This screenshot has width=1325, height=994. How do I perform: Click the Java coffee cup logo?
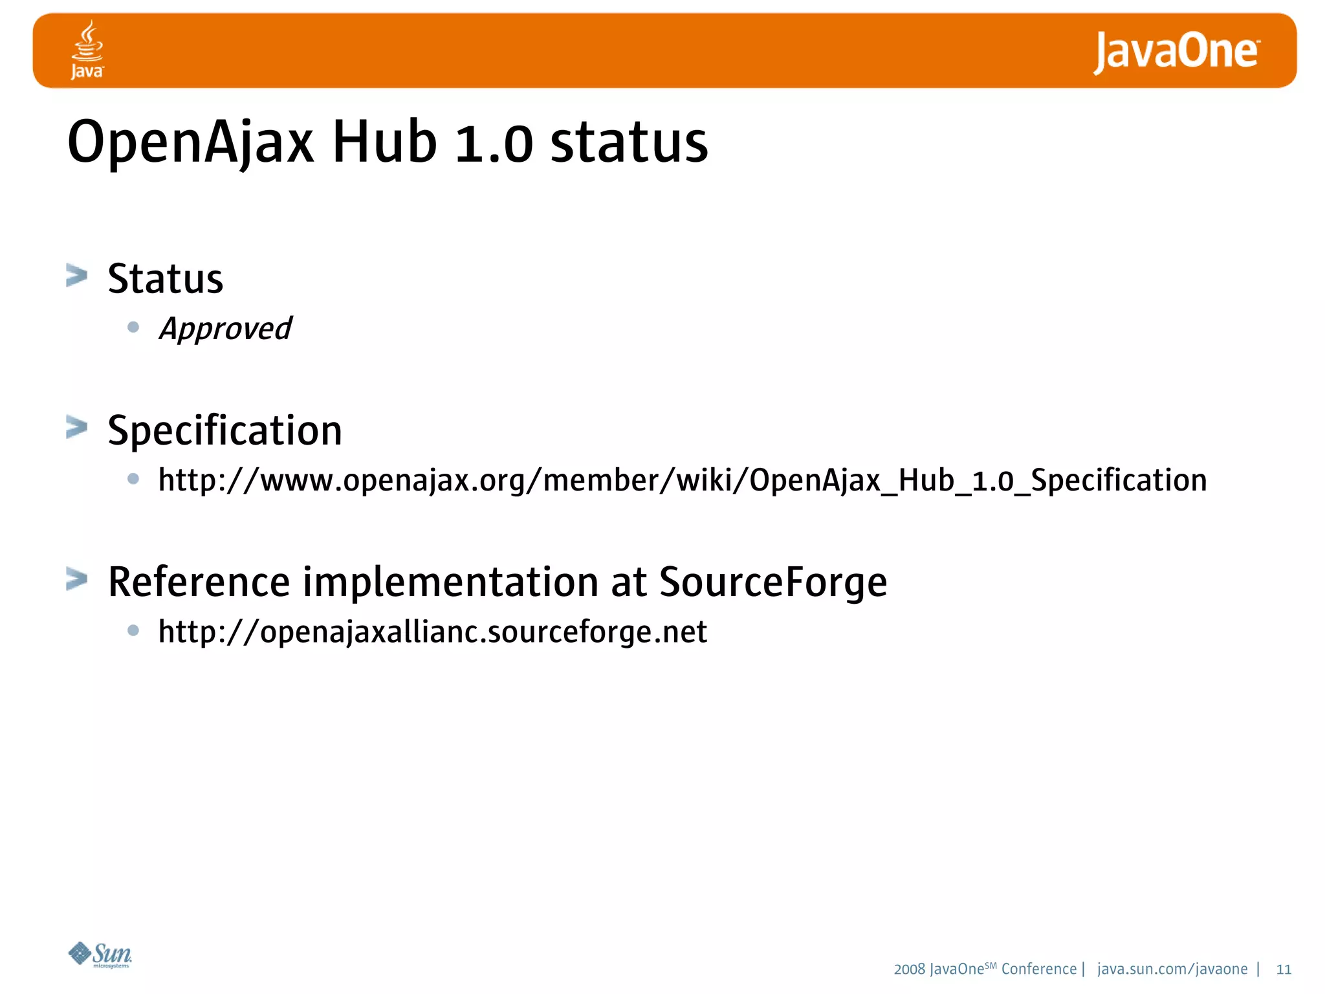(87, 49)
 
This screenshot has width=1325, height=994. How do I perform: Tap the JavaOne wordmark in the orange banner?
(1176, 52)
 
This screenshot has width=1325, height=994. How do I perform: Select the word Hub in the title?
(384, 142)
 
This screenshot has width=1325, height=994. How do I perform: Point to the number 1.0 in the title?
(494, 144)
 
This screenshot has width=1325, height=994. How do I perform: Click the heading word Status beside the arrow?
(165, 279)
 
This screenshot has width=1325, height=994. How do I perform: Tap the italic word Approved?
(225, 329)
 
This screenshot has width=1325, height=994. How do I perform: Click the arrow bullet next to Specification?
(76, 427)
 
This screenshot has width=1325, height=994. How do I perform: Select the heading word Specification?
(224, 430)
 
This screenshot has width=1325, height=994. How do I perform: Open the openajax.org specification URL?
(682, 481)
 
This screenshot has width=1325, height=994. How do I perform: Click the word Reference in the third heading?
(199, 582)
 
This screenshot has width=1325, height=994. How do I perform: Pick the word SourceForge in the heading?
(772, 582)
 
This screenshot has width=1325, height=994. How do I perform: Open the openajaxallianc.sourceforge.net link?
(432, 632)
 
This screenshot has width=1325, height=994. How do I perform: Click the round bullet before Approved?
(133, 327)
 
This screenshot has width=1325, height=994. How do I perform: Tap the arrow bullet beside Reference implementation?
(76, 579)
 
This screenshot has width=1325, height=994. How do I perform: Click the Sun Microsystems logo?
(100, 955)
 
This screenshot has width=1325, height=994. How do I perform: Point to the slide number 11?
(1284, 969)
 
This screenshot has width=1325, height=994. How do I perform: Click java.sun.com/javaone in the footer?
(1172, 969)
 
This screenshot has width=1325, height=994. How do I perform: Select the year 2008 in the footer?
(909, 969)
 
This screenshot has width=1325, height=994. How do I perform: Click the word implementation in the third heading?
(450, 582)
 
